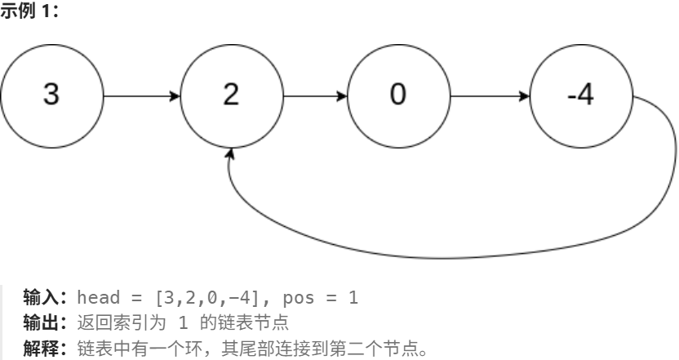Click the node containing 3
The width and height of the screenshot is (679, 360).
point(52,96)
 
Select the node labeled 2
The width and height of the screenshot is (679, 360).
point(231,96)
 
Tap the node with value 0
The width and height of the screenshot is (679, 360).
point(397,96)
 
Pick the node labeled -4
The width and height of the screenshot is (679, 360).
point(581,96)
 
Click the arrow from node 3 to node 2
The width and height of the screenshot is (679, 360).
point(142,96)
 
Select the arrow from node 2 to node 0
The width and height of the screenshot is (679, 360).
point(315,96)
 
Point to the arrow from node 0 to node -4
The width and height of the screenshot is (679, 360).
point(489,96)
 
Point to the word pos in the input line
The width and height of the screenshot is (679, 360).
point(295,298)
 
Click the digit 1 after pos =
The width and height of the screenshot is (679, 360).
point(353,298)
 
